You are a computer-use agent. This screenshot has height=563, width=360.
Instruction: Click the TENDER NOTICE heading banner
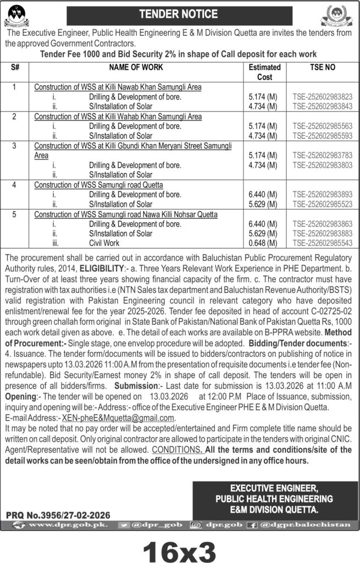click(179, 14)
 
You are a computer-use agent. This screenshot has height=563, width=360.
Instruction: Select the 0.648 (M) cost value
click(263, 243)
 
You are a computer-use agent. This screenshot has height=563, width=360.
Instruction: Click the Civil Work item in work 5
click(104, 243)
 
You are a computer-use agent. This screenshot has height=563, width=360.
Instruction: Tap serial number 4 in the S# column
click(15, 185)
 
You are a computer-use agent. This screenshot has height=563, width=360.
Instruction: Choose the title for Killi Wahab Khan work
click(118, 117)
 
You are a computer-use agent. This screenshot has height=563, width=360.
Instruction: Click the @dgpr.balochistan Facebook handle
click(312, 525)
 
